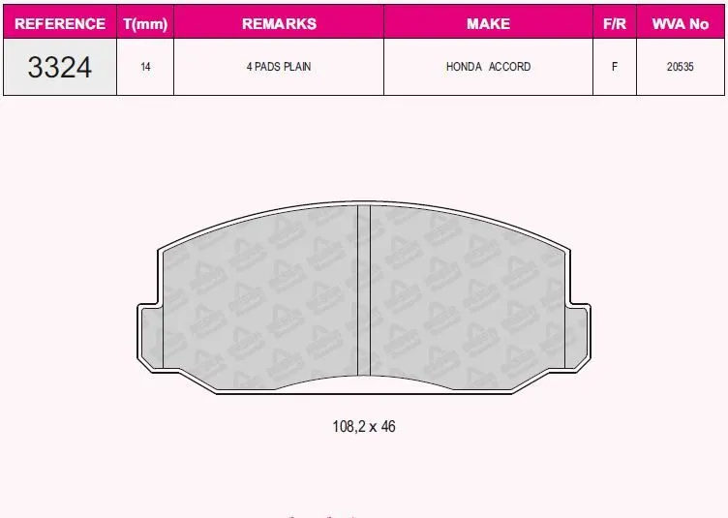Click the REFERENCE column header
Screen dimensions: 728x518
click(60, 23)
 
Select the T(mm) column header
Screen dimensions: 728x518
click(145, 23)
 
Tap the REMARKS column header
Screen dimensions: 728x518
click(279, 23)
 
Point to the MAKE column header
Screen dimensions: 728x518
click(489, 23)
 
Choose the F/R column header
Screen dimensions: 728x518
click(614, 23)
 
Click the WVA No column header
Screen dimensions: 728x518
click(681, 23)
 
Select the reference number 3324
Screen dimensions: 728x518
click(59, 68)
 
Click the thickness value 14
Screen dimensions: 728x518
click(145, 67)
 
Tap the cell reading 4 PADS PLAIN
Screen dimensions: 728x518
click(279, 67)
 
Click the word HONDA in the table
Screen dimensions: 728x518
click(464, 67)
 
